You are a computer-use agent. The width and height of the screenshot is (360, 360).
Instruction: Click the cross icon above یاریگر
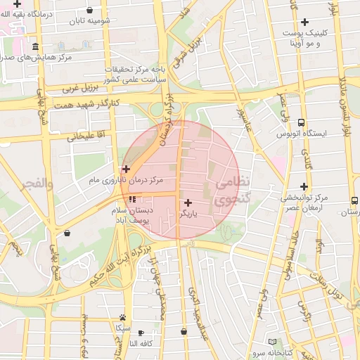tap(188, 202)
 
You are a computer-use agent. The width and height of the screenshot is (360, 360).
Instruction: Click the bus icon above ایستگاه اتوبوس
tap(301, 122)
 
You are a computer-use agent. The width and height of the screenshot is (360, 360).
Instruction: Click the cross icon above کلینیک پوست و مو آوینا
tap(304, 22)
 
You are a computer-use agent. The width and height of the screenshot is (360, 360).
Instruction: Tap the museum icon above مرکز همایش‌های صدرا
tap(65, 45)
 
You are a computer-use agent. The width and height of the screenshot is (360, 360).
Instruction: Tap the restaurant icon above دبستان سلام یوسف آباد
tap(133, 200)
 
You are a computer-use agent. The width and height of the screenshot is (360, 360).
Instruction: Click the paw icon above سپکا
tap(124, 318)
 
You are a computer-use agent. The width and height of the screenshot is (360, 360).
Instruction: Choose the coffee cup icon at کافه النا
tap(141, 333)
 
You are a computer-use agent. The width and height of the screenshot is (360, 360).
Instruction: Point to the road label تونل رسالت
tap(330, 288)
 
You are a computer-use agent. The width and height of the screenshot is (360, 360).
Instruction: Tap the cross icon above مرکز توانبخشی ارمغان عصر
tap(304, 186)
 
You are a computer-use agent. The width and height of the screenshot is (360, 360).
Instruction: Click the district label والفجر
tap(36, 183)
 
